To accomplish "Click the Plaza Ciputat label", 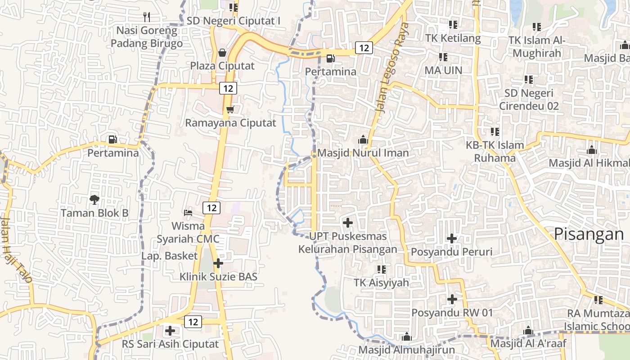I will (x=222, y=66).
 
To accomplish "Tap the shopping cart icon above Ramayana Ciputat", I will (x=230, y=109).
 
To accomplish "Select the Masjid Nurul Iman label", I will (x=363, y=153).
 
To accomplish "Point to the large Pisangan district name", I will (x=588, y=234).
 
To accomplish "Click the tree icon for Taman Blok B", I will (x=94, y=199).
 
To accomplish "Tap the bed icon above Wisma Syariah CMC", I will (x=188, y=212).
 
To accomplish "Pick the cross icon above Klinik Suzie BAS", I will (x=218, y=263).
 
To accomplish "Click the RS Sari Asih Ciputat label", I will (x=171, y=344).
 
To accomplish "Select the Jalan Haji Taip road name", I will (x=17, y=250).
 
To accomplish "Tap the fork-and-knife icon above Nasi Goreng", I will (x=146, y=17).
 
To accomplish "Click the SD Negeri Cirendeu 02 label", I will (x=529, y=99).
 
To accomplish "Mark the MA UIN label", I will (x=443, y=70).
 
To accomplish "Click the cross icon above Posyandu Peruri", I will (x=452, y=238).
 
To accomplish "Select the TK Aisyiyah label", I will (x=382, y=283).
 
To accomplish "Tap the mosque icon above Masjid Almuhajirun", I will (x=407, y=337).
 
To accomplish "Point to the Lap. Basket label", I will (x=170, y=256).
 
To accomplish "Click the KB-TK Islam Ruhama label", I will (x=495, y=152).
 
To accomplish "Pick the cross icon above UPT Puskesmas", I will (x=347, y=222).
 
